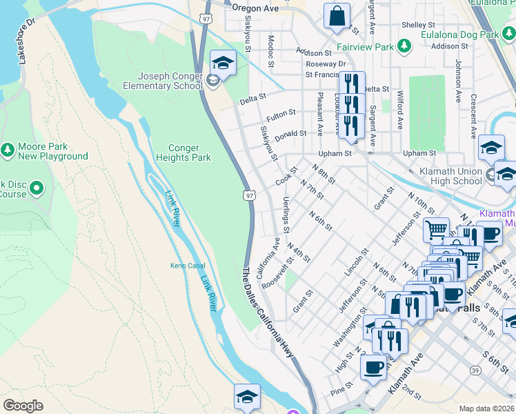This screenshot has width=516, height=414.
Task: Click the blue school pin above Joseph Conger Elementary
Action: tap(223, 63)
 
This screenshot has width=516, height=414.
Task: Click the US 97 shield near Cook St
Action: tap(248, 197)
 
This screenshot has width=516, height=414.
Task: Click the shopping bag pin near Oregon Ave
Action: tap(337, 17)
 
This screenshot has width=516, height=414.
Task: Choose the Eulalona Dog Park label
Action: tap(464, 34)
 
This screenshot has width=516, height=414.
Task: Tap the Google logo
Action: tap(23, 406)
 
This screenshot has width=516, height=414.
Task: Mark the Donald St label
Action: tap(290, 135)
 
